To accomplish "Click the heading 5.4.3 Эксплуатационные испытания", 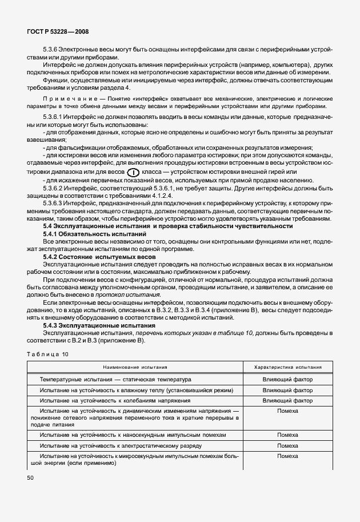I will (x=95, y=325).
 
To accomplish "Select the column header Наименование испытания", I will (x=135, y=367).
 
